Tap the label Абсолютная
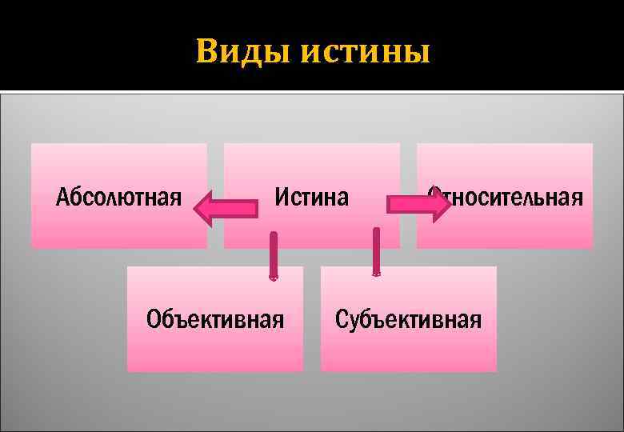click(118, 197)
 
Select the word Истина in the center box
click(312, 197)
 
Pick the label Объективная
click(215, 320)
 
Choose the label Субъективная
click(408, 320)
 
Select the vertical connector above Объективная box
click(274, 255)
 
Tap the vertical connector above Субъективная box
click(376, 251)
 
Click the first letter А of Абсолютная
click(62, 197)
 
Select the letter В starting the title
click(207, 53)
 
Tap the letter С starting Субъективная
click(342, 320)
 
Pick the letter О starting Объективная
click(154, 320)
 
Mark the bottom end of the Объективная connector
click(274, 278)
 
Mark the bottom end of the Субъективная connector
click(376, 274)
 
